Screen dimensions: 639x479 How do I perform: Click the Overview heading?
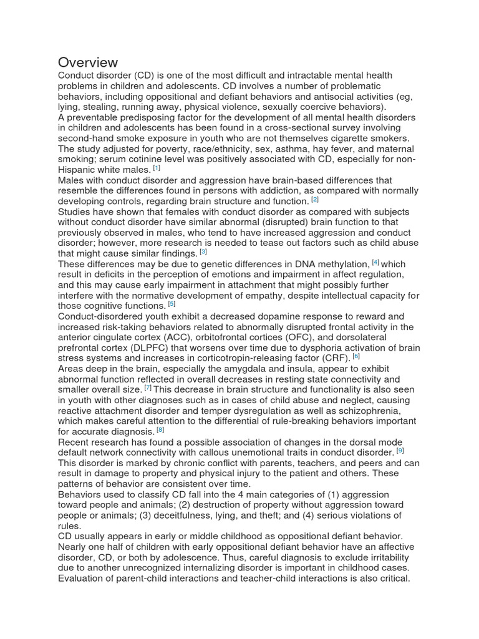tap(88, 62)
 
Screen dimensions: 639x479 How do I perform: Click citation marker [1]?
tap(157, 168)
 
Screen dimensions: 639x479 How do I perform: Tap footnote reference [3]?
tap(203, 252)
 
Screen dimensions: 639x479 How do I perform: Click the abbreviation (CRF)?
tap(335, 358)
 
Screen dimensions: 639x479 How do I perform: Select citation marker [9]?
tap(400, 450)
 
